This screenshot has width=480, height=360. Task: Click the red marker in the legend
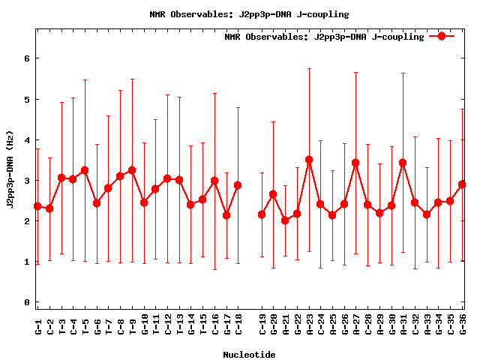coord(442,36)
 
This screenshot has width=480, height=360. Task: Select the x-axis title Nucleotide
coord(249,354)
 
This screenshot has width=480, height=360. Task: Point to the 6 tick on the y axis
coord(27,58)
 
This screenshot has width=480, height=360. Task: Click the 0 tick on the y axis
coord(27,303)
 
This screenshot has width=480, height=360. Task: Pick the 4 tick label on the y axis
coord(27,140)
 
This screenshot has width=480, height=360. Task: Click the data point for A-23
coord(309,160)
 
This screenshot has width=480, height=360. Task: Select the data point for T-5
coord(85,170)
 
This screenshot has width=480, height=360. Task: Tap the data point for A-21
coord(285,220)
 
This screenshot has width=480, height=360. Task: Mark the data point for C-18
coord(238,185)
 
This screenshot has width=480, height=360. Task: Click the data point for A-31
coord(403,163)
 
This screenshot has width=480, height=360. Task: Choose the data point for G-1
coord(37,206)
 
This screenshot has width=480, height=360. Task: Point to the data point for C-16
coord(214,181)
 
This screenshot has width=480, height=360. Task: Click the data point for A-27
coord(355,163)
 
